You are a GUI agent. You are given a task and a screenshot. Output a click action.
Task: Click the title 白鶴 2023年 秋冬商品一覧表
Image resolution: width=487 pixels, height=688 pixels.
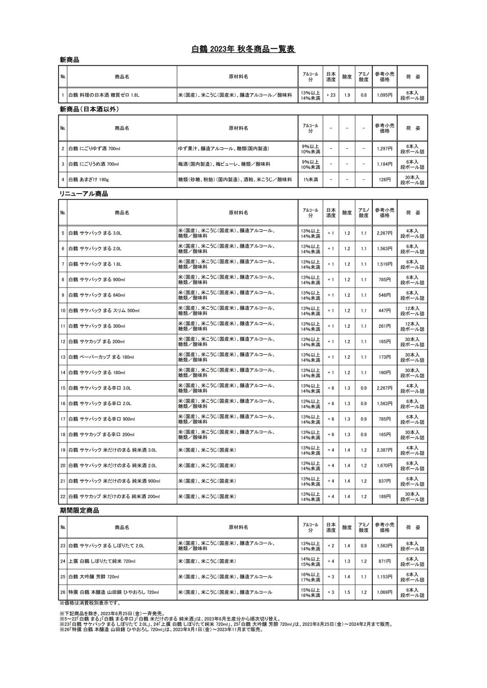tap(243, 49)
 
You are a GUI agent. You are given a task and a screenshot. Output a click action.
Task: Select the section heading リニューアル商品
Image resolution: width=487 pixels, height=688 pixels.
tap(83, 194)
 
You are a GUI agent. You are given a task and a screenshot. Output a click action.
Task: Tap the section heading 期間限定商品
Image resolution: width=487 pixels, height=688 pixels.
tap(79, 510)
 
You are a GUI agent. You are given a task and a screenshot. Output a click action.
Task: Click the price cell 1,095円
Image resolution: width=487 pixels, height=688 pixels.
tap(385, 95)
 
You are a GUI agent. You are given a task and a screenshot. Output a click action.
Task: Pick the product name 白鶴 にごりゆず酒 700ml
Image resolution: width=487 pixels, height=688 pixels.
tap(94, 149)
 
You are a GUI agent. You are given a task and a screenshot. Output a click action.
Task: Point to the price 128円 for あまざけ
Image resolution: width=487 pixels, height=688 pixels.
tap(385, 180)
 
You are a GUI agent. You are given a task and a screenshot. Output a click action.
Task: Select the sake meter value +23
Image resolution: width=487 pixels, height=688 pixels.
tap(331, 95)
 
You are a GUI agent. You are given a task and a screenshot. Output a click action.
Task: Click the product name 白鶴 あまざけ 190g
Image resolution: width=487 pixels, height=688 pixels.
tap(89, 180)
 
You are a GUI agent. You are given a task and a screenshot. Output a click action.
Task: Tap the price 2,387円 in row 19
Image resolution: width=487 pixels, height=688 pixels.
tap(385, 450)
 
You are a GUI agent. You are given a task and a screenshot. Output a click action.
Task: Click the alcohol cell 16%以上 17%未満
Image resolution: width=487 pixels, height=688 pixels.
tap(310, 577)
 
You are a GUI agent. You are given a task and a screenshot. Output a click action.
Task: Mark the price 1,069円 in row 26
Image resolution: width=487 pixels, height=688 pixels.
tap(385, 592)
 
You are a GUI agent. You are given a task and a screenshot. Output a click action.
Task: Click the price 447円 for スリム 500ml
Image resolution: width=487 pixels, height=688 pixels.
tap(385, 310)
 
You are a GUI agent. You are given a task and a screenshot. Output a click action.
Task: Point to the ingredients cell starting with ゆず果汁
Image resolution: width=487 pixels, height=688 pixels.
tap(223, 149)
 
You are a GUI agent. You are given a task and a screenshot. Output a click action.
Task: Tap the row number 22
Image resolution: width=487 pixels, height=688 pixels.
tap(63, 496)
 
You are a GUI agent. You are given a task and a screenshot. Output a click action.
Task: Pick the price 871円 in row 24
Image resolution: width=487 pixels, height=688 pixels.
tap(385, 561)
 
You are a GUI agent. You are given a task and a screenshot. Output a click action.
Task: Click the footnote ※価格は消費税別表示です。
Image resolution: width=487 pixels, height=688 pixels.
tap(90, 603)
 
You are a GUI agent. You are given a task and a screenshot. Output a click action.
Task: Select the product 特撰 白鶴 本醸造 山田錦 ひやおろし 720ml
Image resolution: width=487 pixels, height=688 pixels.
tap(113, 592)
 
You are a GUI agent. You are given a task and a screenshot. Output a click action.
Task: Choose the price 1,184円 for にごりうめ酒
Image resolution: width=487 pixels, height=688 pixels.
tap(385, 164)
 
